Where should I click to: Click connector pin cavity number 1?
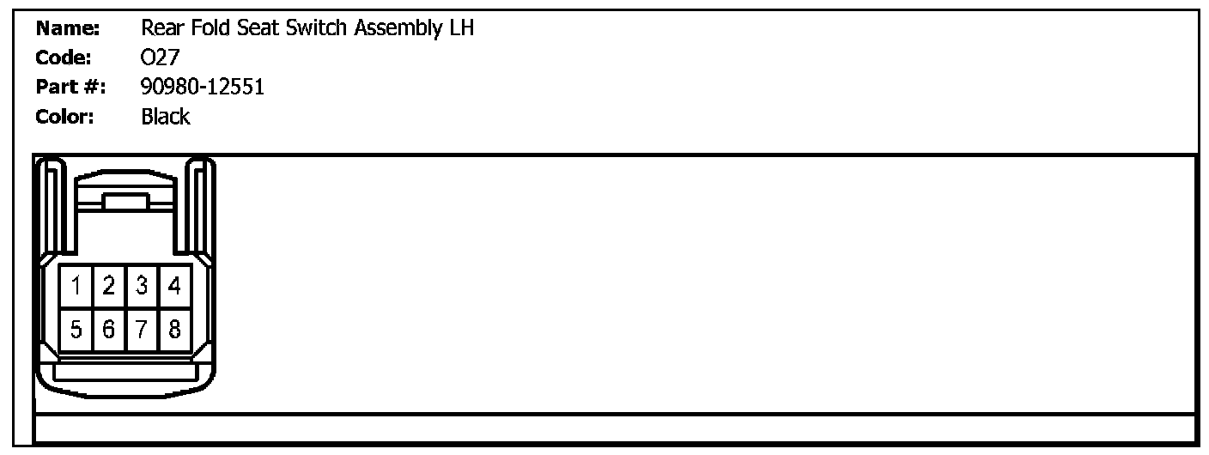coord(76,286)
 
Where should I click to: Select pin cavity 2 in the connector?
coord(109,286)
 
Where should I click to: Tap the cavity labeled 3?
coord(142,286)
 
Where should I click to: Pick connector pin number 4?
coord(175,286)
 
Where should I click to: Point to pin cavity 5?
coord(76,329)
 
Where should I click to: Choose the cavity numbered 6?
coord(109,329)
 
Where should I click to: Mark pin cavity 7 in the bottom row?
coord(142,329)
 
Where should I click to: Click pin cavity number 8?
coord(175,329)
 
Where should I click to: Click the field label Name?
coord(69,29)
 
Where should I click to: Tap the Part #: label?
coord(70,88)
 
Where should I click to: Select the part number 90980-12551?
coord(202,88)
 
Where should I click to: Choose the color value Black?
coord(166,117)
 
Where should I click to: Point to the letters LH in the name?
coord(461,29)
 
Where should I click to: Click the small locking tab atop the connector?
coord(126,203)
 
